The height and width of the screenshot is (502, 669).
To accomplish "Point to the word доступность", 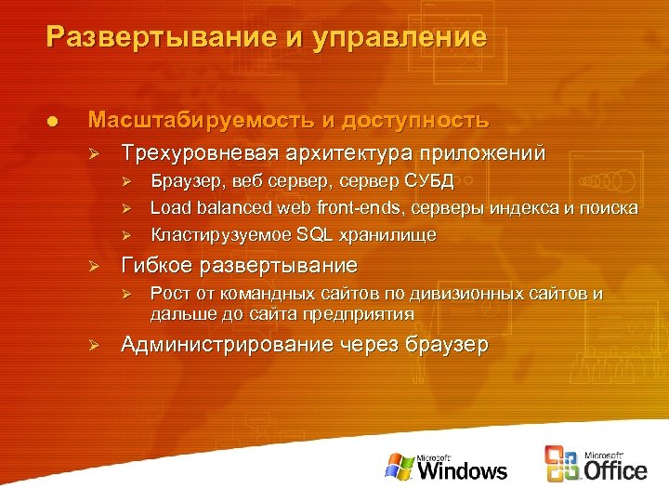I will tap(415, 121).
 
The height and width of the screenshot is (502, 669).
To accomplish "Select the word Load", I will tap(169, 207).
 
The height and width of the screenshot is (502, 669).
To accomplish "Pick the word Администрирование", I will tap(228, 345).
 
